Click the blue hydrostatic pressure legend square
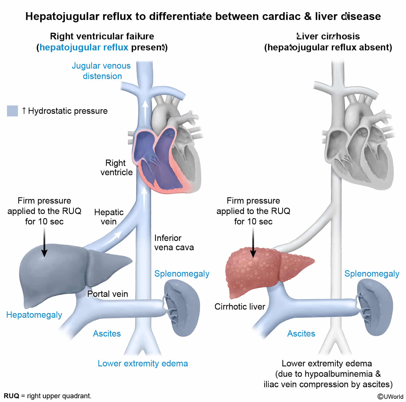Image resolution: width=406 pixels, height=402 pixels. (x=12, y=111)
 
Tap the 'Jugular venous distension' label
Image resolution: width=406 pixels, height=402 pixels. (x=101, y=71)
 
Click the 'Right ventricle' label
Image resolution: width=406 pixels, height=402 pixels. (x=116, y=167)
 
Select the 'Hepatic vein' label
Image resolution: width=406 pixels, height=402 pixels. (x=109, y=217)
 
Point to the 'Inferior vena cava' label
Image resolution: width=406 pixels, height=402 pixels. (x=174, y=243)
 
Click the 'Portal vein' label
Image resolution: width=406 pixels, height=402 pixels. (x=108, y=294)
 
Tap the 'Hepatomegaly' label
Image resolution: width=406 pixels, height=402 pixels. (x=34, y=315)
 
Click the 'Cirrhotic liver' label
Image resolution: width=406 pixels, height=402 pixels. (x=240, y=306)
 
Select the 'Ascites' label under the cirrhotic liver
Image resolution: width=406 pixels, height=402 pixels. (x=301, y=333)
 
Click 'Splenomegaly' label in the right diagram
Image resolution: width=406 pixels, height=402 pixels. (x=371, y=273)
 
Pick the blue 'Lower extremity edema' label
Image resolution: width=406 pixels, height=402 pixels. (x=143, y=363)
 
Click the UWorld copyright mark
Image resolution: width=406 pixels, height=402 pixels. (x=390, y=396)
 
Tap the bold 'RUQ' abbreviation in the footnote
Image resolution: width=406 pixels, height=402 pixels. (x=11, y=396)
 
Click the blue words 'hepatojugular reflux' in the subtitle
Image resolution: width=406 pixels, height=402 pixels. (x=84, y=47)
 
